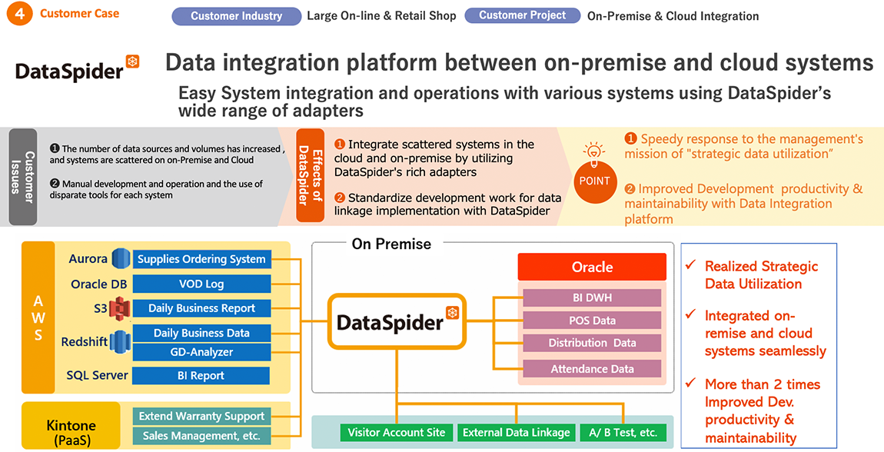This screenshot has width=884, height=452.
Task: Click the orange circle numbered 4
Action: [x=20, y=14]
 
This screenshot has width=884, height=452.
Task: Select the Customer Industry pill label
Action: [x=236, y=16]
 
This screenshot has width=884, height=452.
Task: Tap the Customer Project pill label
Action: [x=522, y=15]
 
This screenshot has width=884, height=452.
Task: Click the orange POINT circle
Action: [x=594, y=181]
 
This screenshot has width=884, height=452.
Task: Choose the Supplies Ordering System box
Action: [x=201, y=259]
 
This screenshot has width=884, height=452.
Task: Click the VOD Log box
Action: [x=201, y=284]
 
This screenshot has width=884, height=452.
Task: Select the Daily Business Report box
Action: [x=201, y=308]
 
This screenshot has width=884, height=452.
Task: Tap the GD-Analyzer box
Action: [x=201, y=352]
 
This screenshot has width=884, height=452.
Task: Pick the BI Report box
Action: [x=201, y=375]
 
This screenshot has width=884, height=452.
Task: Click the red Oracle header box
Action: [x=592, y=268]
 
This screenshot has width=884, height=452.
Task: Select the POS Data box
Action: [x=592, y=320]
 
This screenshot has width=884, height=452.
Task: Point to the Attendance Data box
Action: [x=592, y=368]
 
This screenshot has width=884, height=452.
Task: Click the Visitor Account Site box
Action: [x=397, y=433]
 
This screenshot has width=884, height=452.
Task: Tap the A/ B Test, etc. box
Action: [x=623, y=433]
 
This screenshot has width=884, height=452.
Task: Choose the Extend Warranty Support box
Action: [x=201, y=417]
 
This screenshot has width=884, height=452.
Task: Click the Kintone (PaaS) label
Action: [x=71, y=432]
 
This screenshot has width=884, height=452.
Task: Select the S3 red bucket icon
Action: [x=119, y=308]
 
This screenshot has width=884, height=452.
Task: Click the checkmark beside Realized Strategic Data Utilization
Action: [x=690, y=264]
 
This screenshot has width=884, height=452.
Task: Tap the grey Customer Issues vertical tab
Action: [x=23, y=177]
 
